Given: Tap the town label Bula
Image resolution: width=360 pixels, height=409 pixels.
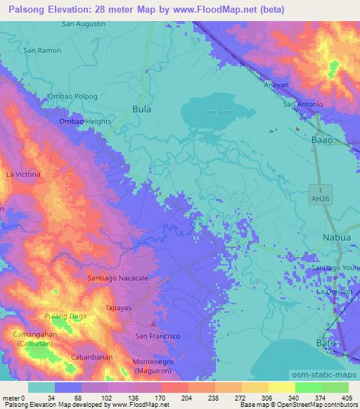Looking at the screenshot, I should click(141, 109).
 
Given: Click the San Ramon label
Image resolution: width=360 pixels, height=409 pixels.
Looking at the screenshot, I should click(42, 51).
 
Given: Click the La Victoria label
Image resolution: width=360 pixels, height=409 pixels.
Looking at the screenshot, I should click(23, 174).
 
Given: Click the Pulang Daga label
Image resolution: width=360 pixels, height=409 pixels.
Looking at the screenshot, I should click(65, 316).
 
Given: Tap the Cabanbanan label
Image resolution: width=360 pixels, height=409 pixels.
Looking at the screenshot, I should click(92, 357).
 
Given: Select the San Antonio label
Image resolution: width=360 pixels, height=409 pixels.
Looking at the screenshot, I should click(303, 105).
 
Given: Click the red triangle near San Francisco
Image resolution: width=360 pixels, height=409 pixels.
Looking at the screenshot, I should click(155, 324).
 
